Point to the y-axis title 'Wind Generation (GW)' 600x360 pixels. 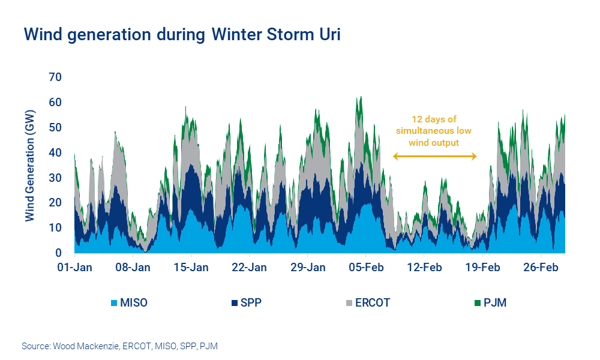point(29,165)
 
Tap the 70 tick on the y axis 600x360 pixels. point(56,77)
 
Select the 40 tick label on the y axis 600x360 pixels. point(56,152)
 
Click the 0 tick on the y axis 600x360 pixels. point(59,253)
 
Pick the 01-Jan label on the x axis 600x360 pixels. point(74,268)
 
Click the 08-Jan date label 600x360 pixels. point(133,268)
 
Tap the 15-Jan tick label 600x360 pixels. point(191,268)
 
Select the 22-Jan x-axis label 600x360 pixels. point(249,268)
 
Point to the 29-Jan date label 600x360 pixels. point(307,268)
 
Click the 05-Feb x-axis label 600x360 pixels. point(365,268)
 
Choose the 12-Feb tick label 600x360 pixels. point(424,268)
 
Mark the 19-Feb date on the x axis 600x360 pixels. point(482,268)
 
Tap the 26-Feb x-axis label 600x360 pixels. point(541,268)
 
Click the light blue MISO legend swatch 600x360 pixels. point(114,302)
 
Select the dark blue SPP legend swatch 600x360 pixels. point(236,302)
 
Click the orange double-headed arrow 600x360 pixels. point(435,157)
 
